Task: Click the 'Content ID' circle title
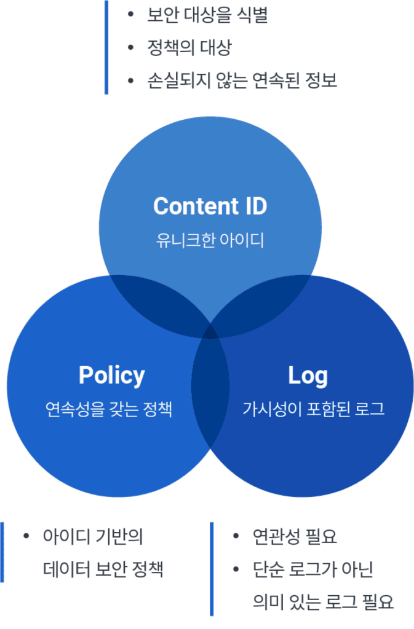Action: coord(210,206)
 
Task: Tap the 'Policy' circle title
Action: coord(111,375)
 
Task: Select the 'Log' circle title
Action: coord(308,375)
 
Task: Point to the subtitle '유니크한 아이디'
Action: coord(210,240)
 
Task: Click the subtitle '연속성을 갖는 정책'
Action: coord(109,409)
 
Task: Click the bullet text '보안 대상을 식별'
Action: coord(207,15)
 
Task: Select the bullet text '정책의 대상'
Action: coord(189,47)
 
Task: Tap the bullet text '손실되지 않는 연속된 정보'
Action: coord(242,80)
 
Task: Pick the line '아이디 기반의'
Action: coord(93,536)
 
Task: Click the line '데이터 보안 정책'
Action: coord(103,569)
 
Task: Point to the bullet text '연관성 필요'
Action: coord(295,536)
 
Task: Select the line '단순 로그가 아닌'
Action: coord(312,569)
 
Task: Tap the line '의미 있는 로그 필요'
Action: coord(323,602)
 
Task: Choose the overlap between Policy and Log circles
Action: coord(210,393)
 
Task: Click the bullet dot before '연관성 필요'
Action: coord(236,536)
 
